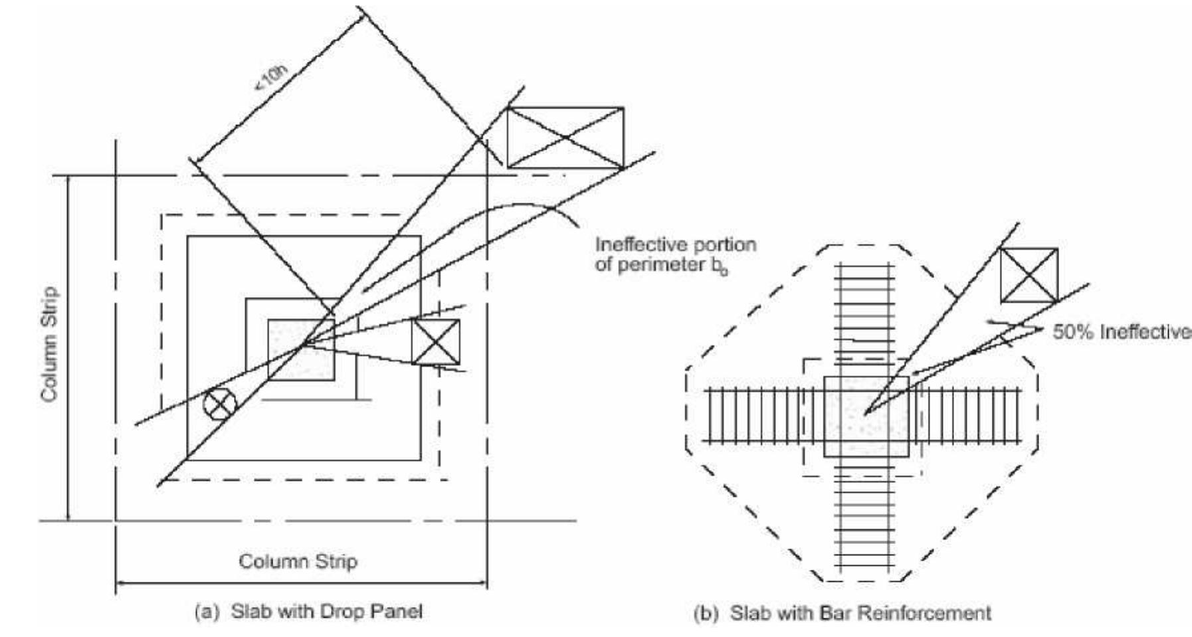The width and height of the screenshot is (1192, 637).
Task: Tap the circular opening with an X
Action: [220, 404]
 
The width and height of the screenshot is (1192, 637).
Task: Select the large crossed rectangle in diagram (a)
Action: [565, 137]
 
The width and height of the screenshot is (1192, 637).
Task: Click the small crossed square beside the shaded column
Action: [435, 342]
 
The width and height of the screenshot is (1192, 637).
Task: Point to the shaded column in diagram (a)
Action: [300, 350]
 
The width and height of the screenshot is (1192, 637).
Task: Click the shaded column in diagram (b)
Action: [866, 416]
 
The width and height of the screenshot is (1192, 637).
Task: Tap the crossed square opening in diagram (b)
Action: [1029, 275]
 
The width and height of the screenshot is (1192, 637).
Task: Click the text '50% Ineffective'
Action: [1122, 332]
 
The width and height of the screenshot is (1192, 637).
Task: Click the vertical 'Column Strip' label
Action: [49, 344]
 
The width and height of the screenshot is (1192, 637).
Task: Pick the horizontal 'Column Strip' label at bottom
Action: [298, 561]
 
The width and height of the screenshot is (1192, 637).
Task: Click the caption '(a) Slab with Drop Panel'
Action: [308, 611]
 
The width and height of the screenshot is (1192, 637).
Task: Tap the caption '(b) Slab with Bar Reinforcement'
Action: [842, 613]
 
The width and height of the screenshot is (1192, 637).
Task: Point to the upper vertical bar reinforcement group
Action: [865, 312]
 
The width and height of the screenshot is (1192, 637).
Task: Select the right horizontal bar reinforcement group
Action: [967, 416]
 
